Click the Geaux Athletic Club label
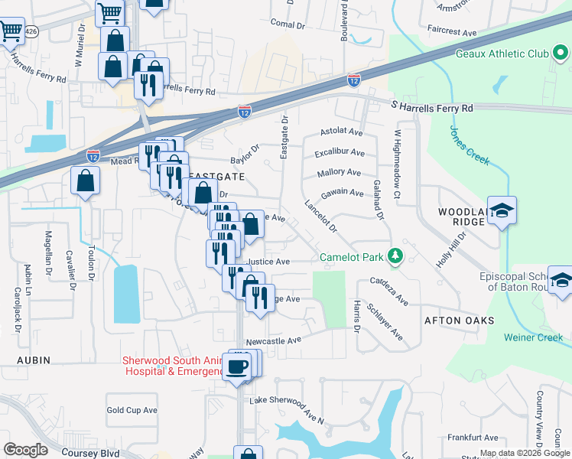tap(512, 54)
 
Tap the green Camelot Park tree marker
tap(395, 256)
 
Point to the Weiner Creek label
tap(533, 337)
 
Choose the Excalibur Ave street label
tap(340, 153)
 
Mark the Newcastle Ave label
tap(274, 340)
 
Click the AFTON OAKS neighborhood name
tap(460, 321)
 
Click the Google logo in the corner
tap(25, 449)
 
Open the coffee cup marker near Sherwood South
tap(236, 366)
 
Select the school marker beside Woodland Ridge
tap(502, 211)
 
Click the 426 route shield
tap(31, 31)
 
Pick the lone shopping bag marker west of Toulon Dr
tap(86, 181)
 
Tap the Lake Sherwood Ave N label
tap(288, 411)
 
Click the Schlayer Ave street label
tap(385, 321)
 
